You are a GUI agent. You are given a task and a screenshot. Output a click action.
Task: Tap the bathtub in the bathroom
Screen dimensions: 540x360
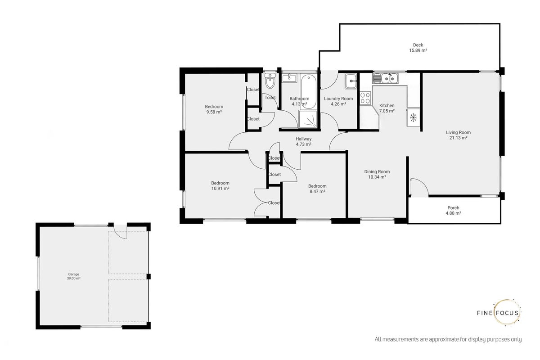point(308,92)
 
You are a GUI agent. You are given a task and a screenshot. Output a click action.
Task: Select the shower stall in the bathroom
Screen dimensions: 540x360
point(308,119)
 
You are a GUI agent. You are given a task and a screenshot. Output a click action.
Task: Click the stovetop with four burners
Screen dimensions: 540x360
point(365,98)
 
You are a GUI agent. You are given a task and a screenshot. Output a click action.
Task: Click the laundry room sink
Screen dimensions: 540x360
point(351,81)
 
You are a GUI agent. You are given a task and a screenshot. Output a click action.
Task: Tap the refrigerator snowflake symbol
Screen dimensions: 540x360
point(414,117)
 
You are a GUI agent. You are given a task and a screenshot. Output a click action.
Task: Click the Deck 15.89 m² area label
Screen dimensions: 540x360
point(418,48)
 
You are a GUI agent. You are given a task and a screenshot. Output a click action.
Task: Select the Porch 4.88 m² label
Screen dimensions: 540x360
point(454,211)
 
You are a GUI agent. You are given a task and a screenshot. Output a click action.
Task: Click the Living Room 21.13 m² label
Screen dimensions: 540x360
point(458,135)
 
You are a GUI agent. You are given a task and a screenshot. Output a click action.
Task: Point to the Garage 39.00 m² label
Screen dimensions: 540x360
point(73,276)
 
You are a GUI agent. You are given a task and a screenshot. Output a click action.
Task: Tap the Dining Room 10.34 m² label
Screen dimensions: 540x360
point(377,174)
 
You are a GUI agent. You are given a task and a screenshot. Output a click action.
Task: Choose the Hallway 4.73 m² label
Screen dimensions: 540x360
point(303,142)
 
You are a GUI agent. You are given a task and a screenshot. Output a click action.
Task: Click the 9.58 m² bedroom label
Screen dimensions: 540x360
point(214,109)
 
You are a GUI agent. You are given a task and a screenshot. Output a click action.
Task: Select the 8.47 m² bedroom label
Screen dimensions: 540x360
point(317,189)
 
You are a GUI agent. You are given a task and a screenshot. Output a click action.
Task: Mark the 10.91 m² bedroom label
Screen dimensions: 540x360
point(220,186)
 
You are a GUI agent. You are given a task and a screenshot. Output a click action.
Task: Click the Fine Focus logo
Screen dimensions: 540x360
point(499,313)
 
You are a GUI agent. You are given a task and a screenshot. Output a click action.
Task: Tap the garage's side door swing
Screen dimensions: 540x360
point(120,231)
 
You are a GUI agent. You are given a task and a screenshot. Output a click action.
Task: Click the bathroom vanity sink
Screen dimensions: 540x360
point(289,78)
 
